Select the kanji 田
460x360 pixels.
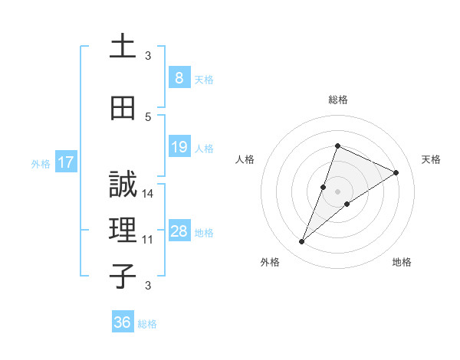point(123,109)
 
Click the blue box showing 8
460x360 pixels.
point(179,78)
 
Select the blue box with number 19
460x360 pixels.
point(179,147)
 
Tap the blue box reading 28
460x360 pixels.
point(179,231)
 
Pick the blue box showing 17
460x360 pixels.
point(65,162)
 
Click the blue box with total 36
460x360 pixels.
point(123,322)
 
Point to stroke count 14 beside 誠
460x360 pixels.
point(148,193)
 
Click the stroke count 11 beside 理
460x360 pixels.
point(148,239)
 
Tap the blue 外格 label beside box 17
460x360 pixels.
point(41,163)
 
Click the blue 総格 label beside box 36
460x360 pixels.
point(147,324)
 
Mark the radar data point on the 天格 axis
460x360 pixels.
point(396,172)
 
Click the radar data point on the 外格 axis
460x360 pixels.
point(302,242)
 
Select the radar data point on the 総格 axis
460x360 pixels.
point(337,146)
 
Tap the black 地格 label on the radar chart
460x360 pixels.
point(402,262)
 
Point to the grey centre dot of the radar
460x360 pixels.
point(337,191)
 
